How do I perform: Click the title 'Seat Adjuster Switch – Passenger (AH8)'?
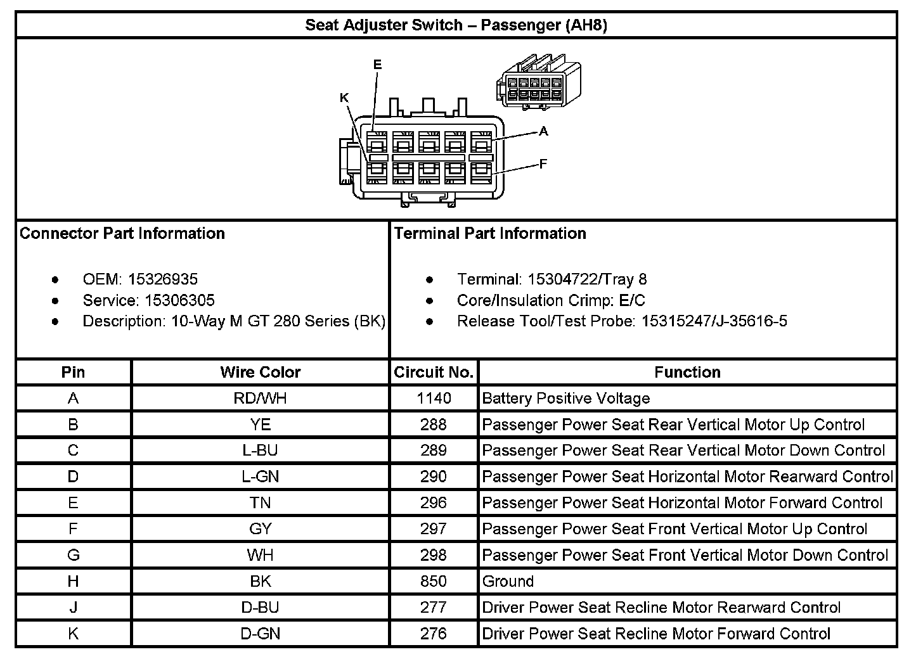pos(456,25)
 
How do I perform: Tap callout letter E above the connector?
pos(377,65)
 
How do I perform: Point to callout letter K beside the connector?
pos(344,98)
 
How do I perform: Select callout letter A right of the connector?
pos(543,132)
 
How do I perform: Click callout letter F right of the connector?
pos(543,164)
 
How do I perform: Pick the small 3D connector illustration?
pos(538,83)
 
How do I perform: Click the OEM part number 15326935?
pos(163,279)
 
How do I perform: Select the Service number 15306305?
pos(179,300)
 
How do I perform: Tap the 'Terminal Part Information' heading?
pos(490,233)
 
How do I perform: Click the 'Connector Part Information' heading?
pos(122,233)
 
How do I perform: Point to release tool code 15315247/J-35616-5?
pos(714,321)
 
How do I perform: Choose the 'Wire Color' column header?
pos(260,372)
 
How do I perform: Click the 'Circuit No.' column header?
pos(434,372)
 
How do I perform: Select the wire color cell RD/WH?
pos(260,399)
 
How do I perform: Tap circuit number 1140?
pos(434,399)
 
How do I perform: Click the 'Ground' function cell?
pos(508,581)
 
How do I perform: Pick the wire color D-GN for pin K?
pos(260,634)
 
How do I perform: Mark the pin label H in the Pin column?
pos(74,581)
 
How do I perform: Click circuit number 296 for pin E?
pos(434,503)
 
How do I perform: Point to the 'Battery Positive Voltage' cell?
pos(565,399)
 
